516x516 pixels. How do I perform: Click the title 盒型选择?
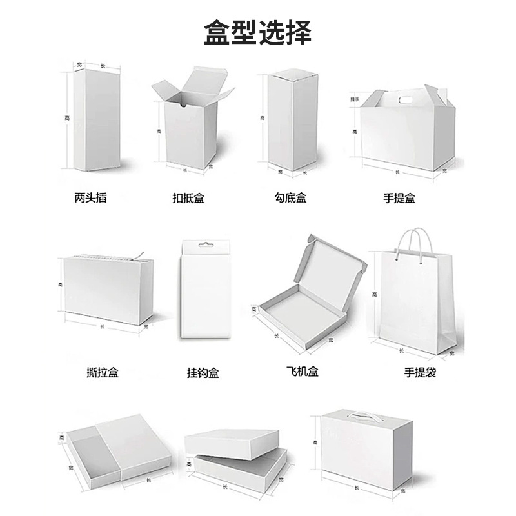(x=257, y=31)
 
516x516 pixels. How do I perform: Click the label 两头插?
(x=91, y=197)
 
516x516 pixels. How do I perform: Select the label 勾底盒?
(x=290, y=198)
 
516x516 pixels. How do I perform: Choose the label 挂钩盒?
(x=203, y=372)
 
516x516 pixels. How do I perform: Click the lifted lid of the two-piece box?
(x=232, y=442)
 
